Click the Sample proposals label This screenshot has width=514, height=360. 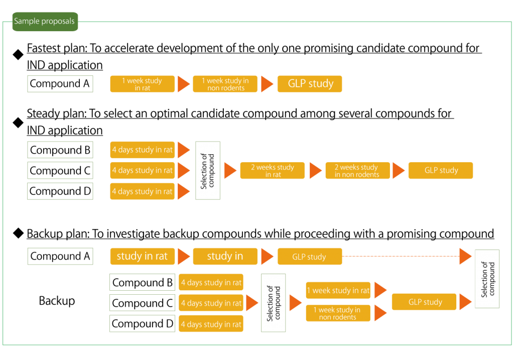45,22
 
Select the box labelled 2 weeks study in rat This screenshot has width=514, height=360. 272,171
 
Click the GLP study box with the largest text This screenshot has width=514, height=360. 310,84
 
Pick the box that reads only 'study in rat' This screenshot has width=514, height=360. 142,256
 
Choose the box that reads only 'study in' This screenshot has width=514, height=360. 225,256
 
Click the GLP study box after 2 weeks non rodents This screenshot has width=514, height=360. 441,171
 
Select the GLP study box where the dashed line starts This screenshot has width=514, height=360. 309,257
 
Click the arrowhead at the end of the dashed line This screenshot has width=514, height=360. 465,257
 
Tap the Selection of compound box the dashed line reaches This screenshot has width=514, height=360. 487,279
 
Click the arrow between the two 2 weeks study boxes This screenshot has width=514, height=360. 315,171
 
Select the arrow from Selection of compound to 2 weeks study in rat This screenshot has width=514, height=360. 229,171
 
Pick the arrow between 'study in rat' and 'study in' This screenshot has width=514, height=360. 184,257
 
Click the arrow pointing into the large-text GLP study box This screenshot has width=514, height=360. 267,84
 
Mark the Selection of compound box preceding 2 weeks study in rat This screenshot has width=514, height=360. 208,171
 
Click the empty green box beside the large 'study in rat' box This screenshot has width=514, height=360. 60,256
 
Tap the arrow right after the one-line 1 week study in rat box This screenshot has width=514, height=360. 380,290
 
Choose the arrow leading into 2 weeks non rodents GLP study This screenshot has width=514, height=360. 398,171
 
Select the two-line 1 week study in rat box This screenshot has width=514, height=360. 143,84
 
